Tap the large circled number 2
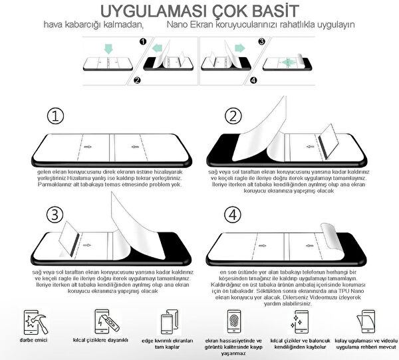click(232, 117)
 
